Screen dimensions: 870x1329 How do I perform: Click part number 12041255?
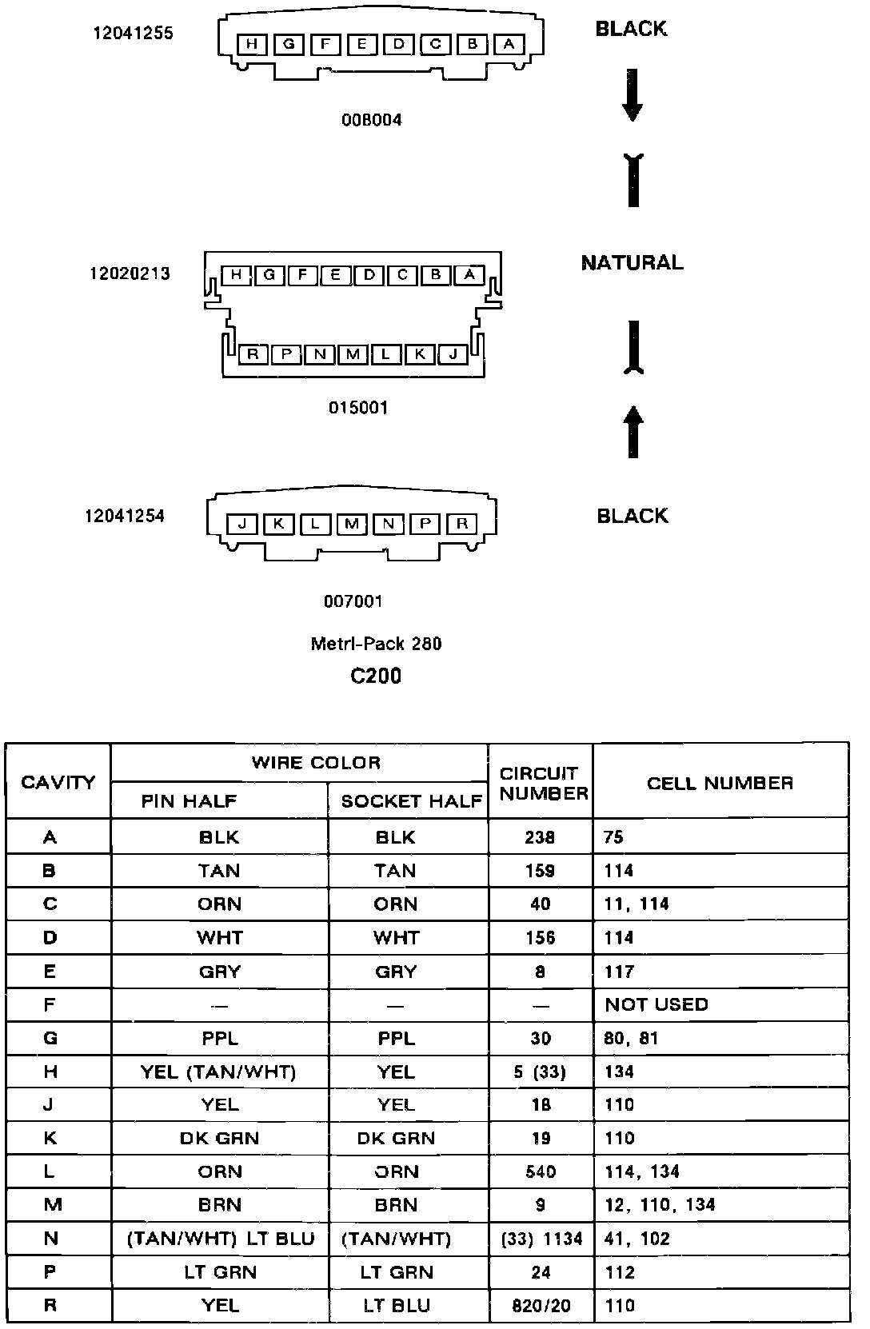click(133, 34)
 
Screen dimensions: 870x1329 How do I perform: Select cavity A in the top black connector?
click(509, 44)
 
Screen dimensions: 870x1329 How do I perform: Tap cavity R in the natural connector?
click(253, 353)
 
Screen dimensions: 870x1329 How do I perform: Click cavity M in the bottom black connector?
click(352, 525)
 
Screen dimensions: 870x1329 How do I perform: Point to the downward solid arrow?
click(633, 99)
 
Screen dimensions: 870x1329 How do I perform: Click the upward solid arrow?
click(633, 432)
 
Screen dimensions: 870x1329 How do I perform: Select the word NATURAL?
click(632, 262)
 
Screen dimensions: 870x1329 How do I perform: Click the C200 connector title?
click(376, 676)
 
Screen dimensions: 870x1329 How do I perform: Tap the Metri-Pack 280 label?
click(376, 644)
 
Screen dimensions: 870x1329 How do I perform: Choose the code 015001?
click(358, 408)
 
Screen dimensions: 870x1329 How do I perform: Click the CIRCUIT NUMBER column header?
click(541, 783)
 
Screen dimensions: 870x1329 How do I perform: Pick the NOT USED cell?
click(656, 1004)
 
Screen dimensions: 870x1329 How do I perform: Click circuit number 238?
click(541, 837)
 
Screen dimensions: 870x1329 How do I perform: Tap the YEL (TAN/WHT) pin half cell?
click(218, 1072)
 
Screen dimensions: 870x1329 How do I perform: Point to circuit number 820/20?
click(541, 1306)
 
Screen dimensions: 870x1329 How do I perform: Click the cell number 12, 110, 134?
click(660, 1205)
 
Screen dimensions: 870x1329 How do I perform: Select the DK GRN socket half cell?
click(396, 1138)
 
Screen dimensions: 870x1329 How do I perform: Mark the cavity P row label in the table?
click(50, 1272)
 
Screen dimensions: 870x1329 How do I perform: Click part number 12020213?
click(130, 274)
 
